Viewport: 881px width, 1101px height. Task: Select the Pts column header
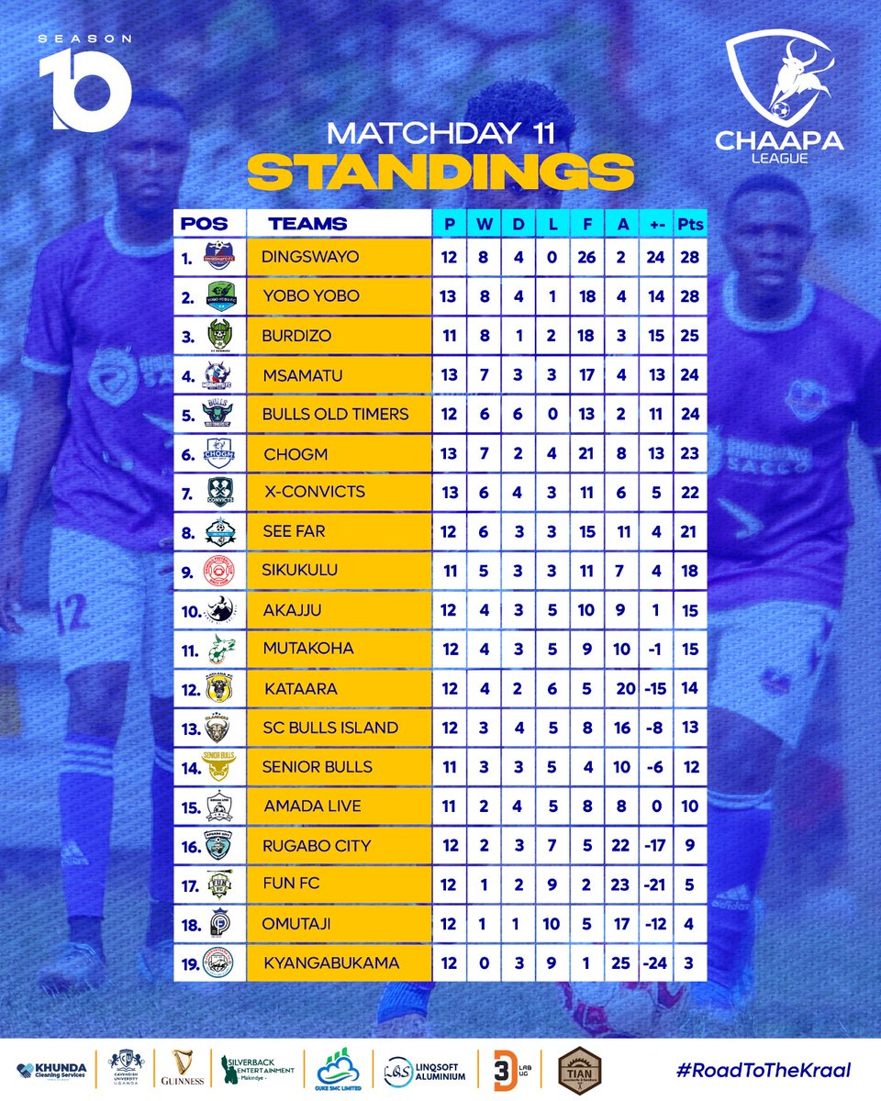point(688,223)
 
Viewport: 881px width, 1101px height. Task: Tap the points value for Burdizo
point(688,336)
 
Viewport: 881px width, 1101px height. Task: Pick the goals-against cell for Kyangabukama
point(621,962)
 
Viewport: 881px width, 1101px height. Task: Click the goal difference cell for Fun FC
point(655,884)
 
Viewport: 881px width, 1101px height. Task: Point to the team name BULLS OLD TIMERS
point(335,414)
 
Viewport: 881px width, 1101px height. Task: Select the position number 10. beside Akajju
point(190,610)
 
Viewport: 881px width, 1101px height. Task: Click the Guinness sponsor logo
point(175,1069)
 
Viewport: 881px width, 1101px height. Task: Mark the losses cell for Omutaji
point(551,923)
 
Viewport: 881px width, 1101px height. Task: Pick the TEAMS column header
point(307,223)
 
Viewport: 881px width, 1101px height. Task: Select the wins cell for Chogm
point(484,453)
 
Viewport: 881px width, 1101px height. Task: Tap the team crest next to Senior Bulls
point(218,767)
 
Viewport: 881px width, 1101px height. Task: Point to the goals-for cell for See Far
point(587,531)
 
